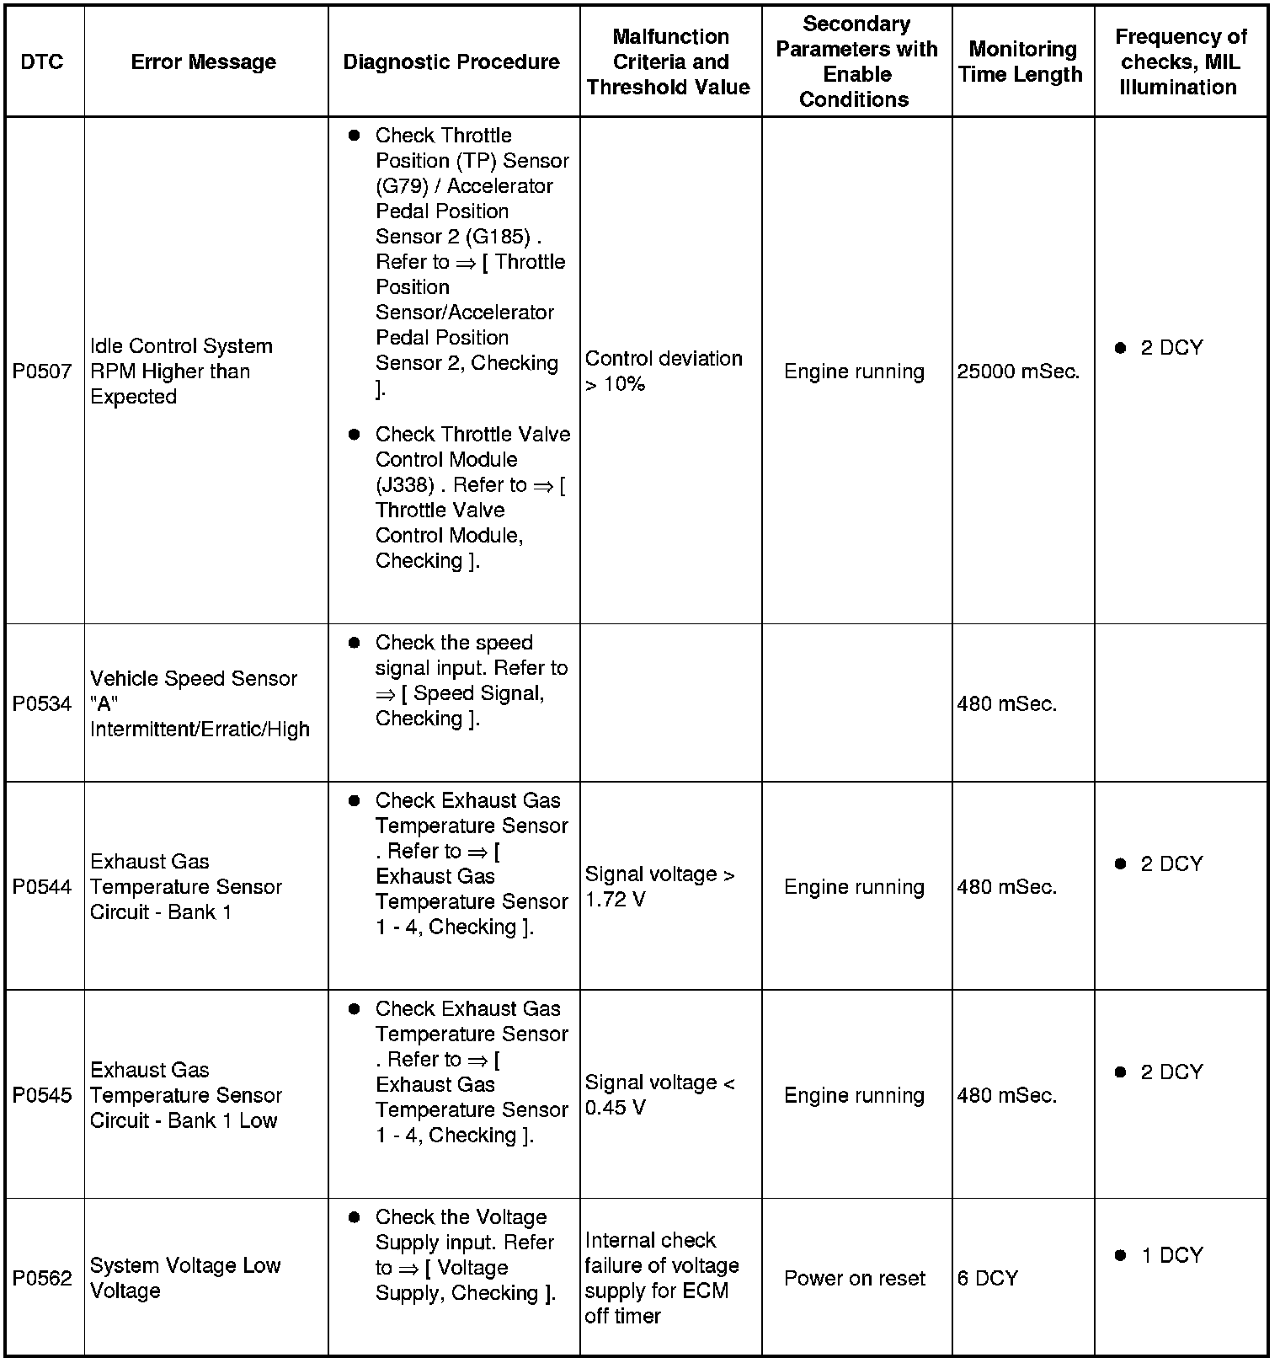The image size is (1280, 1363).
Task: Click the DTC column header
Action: tap(42, 61)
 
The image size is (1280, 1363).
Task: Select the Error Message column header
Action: tap(204, 61)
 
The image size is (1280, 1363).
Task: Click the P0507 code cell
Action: tap(42, 371)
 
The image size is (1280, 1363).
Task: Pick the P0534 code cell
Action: tap(42, 704)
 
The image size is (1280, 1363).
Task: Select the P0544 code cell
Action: tap(42, 887)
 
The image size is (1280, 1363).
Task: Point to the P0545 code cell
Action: tap(42, 1095)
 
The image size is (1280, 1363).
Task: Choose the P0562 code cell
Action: tap(42, 1278)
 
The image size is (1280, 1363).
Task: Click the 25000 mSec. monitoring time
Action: tap(1018, 371)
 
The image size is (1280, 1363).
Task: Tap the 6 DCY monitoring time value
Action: tap(988, 1278)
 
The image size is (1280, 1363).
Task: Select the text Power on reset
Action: tap(854, 1278)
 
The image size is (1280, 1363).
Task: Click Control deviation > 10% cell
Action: tap(664, 371)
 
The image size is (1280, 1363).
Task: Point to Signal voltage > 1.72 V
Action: tap(659, 887)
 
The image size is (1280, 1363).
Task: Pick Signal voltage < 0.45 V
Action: tap(659, 1095)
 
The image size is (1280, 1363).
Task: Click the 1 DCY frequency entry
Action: tap(1171, 1255)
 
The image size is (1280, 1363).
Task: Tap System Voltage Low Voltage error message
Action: tap(184, 1278)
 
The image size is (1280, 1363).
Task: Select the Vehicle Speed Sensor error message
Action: tap(200, 704)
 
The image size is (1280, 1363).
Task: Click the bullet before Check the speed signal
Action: tap(355, 643)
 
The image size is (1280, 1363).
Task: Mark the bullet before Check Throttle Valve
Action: tap(355, 435)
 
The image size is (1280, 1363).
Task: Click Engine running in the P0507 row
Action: tap(854, 371)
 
